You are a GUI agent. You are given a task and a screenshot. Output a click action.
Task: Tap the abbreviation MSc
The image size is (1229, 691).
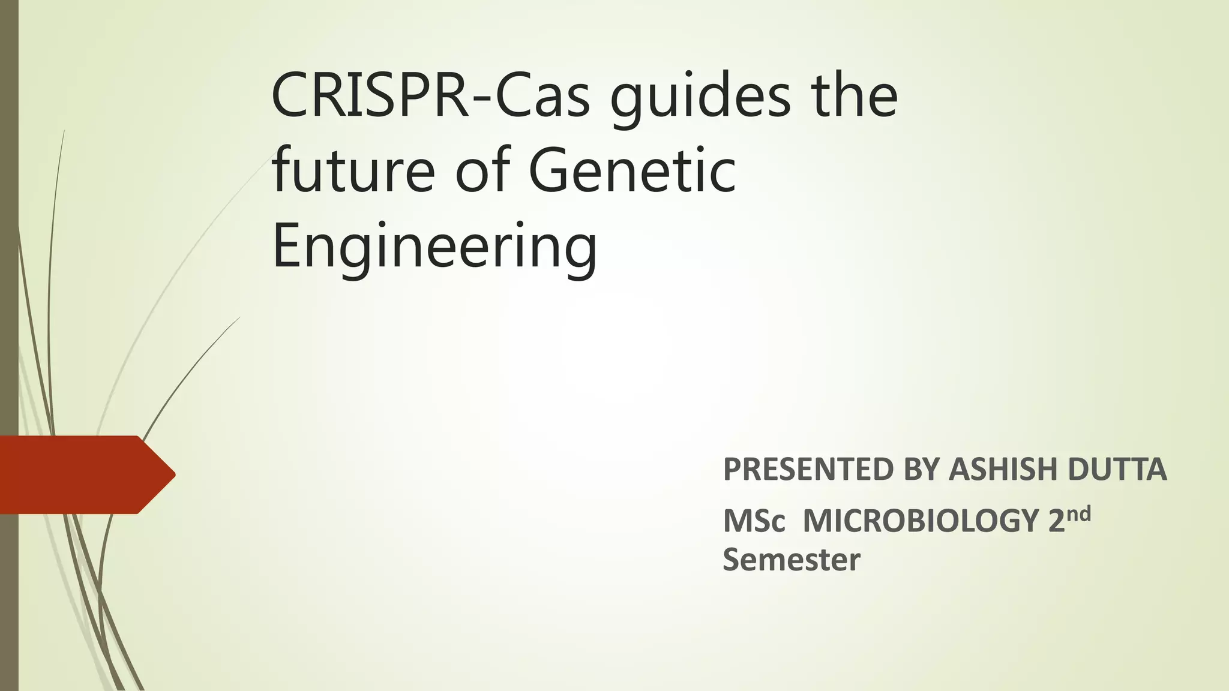[x=754, y=521]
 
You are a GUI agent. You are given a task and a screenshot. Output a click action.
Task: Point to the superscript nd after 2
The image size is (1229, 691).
[x=1079, y=513]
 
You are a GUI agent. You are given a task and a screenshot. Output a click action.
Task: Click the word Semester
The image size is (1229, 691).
[x=791, y=560]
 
